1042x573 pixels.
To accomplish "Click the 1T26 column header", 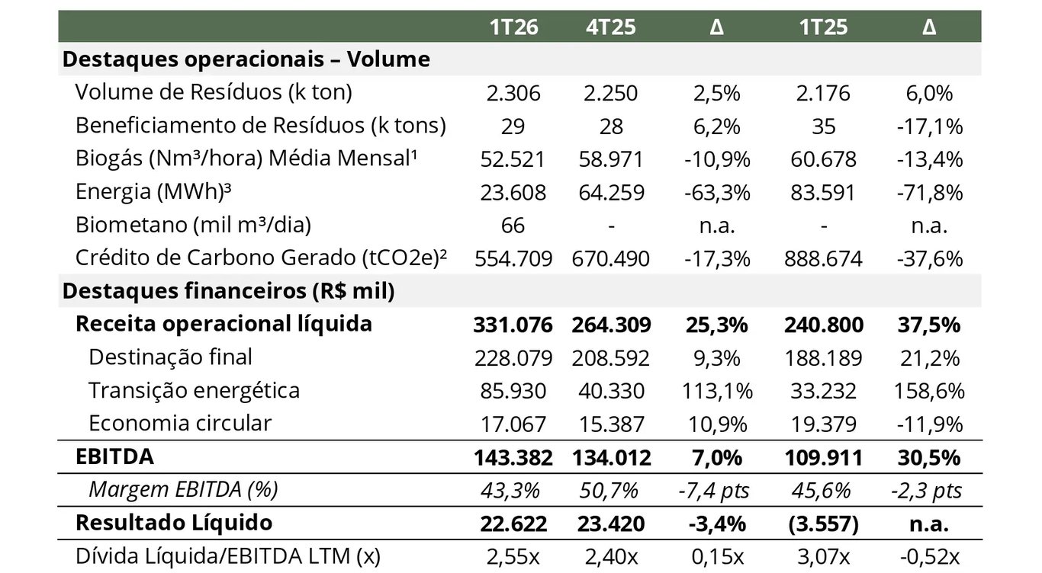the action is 513,27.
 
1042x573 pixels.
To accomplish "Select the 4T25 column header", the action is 611,27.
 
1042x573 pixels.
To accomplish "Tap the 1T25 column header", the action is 823,27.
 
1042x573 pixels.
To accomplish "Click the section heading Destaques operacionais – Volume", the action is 246,59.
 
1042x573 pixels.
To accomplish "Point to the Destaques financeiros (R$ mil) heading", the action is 228,291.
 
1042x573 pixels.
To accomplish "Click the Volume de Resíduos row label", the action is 214,92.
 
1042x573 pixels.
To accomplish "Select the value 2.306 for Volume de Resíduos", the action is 513,93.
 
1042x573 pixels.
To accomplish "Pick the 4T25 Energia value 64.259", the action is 611,192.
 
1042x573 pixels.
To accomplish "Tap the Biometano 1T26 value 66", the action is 513,226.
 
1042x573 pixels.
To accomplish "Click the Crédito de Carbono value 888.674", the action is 823,259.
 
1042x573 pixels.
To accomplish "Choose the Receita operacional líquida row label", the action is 224,324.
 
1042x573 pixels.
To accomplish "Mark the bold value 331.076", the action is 513,325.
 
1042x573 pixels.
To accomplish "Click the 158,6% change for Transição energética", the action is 929,392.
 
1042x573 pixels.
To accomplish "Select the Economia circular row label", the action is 180,424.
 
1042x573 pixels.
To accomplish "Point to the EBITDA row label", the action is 114,457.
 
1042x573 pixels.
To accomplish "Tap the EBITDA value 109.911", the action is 823,458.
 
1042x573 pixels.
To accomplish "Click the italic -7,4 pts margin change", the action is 714,491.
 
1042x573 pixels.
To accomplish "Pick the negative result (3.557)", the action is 823,524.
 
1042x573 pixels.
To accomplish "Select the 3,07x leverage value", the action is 823,557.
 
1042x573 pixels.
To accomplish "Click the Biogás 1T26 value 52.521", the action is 513,159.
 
